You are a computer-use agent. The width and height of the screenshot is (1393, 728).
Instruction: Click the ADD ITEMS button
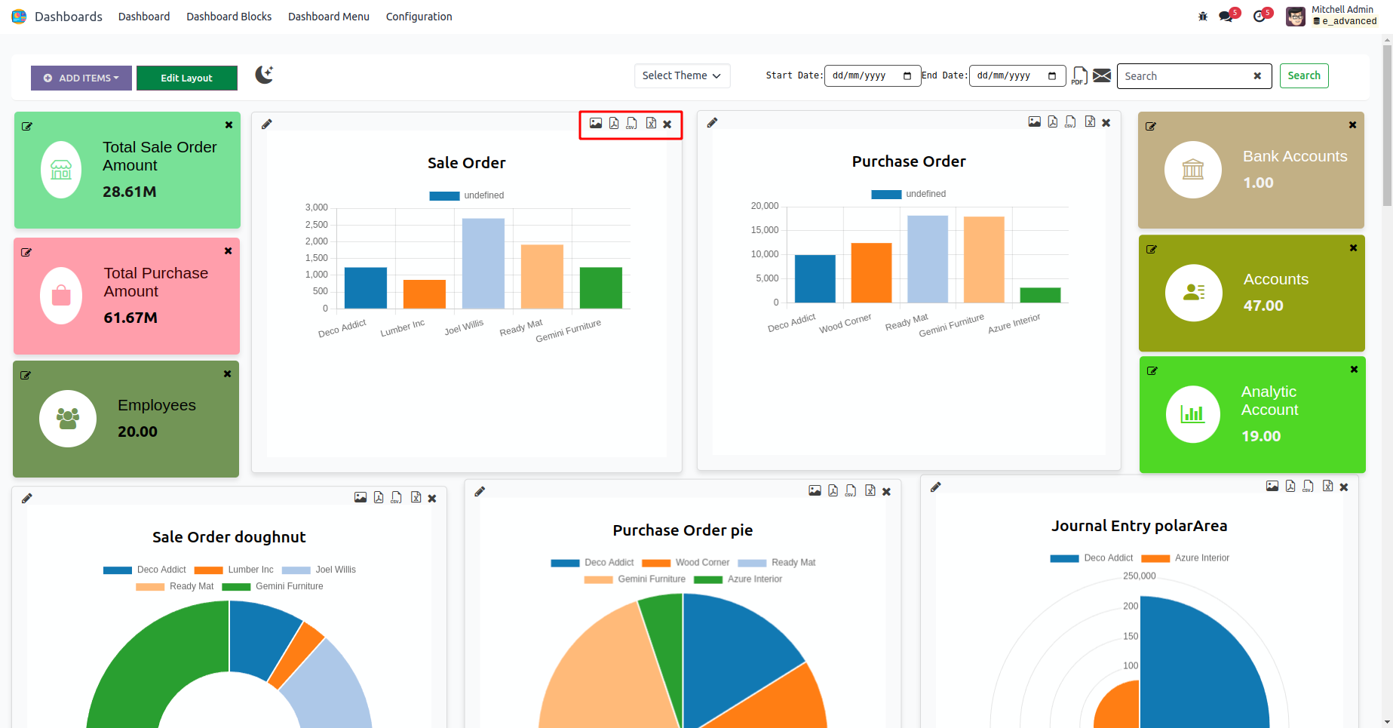[81, 78]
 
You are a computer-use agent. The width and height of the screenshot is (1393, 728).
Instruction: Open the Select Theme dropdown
[682, 75]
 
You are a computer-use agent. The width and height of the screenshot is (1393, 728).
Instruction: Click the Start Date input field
[872, 75]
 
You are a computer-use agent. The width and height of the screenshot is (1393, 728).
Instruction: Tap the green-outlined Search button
[1303, 75]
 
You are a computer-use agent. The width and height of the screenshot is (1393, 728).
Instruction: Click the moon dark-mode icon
[263, 75]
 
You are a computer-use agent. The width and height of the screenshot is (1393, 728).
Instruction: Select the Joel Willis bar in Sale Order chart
[483, 263]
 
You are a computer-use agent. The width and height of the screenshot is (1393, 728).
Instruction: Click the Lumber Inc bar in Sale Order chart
[424, 293]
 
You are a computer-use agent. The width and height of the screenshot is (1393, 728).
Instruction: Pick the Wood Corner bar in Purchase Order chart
[871, 272]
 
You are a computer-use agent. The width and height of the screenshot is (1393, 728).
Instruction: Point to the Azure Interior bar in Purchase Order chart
[1040, 295]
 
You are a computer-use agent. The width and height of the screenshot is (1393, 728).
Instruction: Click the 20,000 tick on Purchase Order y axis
[764, 206]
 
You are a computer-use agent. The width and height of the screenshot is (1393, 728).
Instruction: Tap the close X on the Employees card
[227, 374]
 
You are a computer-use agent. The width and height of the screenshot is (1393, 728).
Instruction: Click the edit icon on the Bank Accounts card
[1151, 126]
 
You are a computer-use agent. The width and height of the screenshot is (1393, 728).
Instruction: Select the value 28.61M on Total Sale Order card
[130, 192]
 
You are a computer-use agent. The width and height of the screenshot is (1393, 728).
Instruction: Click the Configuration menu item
[419, 17]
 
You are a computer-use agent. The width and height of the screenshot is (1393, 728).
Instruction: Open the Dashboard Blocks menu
[229, 17]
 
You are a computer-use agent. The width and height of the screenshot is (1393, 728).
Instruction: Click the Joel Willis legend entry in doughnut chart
[335, 570]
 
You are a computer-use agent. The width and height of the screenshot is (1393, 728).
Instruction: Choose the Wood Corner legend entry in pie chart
[701, 562]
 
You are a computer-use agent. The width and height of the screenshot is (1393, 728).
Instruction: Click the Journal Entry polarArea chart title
[1139, 526]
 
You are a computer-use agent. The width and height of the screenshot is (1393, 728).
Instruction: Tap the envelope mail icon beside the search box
[1102, 75]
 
